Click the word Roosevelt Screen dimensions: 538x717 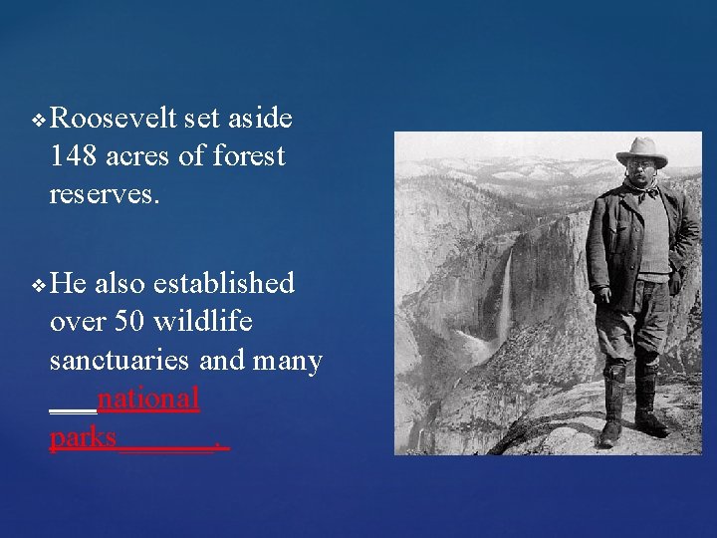[113, 119]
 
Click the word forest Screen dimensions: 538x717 [249, 155]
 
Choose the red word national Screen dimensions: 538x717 [148, 398]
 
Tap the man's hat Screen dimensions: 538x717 [641, 150]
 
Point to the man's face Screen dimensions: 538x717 [640, 173]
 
